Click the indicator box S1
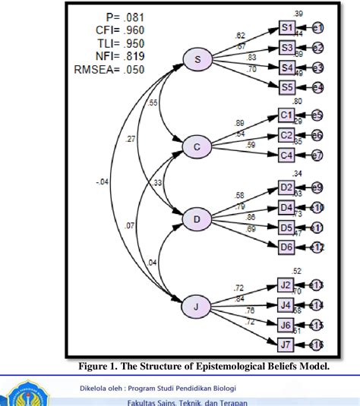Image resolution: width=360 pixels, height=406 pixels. pyautogui.click(x=287, y=28)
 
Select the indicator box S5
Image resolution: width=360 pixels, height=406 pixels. pyautogui.click(x=287, y=87)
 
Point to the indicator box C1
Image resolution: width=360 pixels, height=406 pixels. pyautogui.click(x=287, y=115)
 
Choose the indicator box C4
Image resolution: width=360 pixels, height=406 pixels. pyautogui.click(x=287, y=156)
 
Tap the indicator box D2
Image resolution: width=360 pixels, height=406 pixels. pyautogui.click(x=287, y=187)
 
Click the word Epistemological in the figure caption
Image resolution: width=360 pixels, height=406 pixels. pyautogui.click(x=219, y=367)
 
